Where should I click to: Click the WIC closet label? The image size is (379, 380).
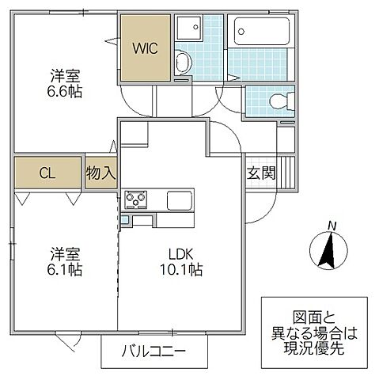coord(145,47)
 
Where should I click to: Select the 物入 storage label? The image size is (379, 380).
coord(101,173)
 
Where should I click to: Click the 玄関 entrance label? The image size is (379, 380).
coord(261,173)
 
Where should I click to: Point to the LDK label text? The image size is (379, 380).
coord(180,255)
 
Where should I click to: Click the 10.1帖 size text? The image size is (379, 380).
coord(180,271)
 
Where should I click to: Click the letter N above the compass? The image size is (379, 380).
coord(333,226)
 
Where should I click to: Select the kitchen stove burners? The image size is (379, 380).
coord(135,199)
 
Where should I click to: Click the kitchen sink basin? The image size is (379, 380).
coord(179,199)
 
